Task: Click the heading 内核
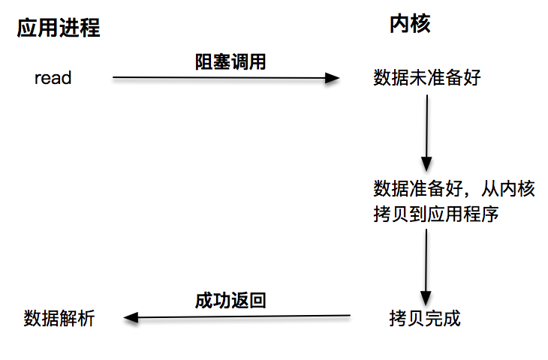(x=409, y=25)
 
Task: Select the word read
(x=53, y=77)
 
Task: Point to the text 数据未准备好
(x=425, y=78)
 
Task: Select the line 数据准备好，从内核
(x=454, y=189)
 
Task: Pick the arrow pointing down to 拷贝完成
(x=426, y=266)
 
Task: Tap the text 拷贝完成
(x=424, y=317)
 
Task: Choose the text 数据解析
(x=59, y=317)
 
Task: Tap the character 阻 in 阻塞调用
(x=203, y=62)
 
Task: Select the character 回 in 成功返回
(x=257, y=301)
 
